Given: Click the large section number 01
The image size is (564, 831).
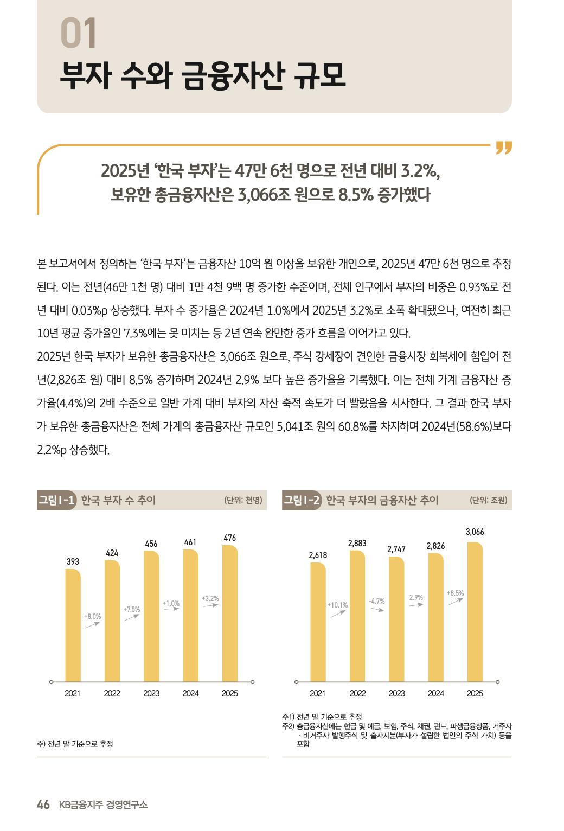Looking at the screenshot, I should [x=79, y=33].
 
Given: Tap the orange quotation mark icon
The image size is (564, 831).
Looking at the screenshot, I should [x=504, y=148].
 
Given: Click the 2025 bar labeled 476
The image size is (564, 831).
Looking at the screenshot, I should [x=230, y=613].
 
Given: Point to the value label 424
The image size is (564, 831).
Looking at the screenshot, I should [x=112, y=553].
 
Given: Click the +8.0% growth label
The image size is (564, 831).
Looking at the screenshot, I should [x=93, y=617].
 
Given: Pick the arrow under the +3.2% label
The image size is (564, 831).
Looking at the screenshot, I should [x=210, y=605].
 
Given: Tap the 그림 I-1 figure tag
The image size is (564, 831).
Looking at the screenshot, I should [x=56, y=500].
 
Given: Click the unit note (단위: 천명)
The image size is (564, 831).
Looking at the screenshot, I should [x=243, y=500].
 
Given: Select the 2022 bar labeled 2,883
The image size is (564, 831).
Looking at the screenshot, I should [x=357, y=616].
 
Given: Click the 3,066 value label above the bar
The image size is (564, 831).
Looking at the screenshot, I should [x=475, y=532].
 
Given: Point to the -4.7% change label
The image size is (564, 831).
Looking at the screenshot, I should [x=377, y=602].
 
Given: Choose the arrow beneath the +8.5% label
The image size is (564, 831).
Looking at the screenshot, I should [x=456, y=601].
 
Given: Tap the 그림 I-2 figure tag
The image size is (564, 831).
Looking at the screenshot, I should [x=302, y=500].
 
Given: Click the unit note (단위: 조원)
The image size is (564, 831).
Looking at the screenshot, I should [x=489, y=500].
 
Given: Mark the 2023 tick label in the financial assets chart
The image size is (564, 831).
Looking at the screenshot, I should [x=397, y=693].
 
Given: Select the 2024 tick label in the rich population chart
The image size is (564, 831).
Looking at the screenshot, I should [x=191, y=693].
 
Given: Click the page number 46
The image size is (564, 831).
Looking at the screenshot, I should [x=43, y=804].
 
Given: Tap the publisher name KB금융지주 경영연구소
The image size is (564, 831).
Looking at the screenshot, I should [x=103, y=804].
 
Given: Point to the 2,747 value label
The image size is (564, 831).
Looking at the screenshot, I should [x=396, y=549].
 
